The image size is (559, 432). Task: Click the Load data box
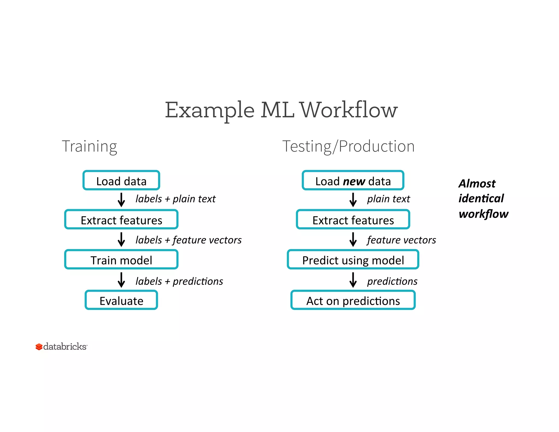[x=121, y=181]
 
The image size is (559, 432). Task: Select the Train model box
[x=121, y=259]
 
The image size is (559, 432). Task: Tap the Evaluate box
[x=121, y=300]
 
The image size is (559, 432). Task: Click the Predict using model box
[x=353, y=259]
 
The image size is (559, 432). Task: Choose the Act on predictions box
[x=353, y=300]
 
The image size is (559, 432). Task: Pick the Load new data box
[x=353, y=181]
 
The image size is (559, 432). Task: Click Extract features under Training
[x=121, y=220]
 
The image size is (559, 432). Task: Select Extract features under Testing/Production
[x=353, y=220]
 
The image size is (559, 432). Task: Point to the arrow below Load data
[x=121, y=200]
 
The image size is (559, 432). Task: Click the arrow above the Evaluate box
[x=121, y=280]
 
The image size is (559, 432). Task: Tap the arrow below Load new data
[x=353, y=200]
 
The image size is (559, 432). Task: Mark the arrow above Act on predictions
[x=353, y=280]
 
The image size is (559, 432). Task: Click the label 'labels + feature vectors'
[x=188, y=240]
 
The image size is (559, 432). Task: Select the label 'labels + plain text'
[x=175, y=199]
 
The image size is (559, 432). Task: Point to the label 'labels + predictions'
[x=179, y=281]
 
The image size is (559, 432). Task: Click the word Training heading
[x=90, y=146]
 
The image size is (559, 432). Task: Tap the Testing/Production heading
[x=348, y=146]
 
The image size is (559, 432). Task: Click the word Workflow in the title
[x=349, y=110]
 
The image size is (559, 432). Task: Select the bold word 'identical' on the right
[x=481, y=199]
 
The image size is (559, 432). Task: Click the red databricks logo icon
[x=39, y=347]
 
